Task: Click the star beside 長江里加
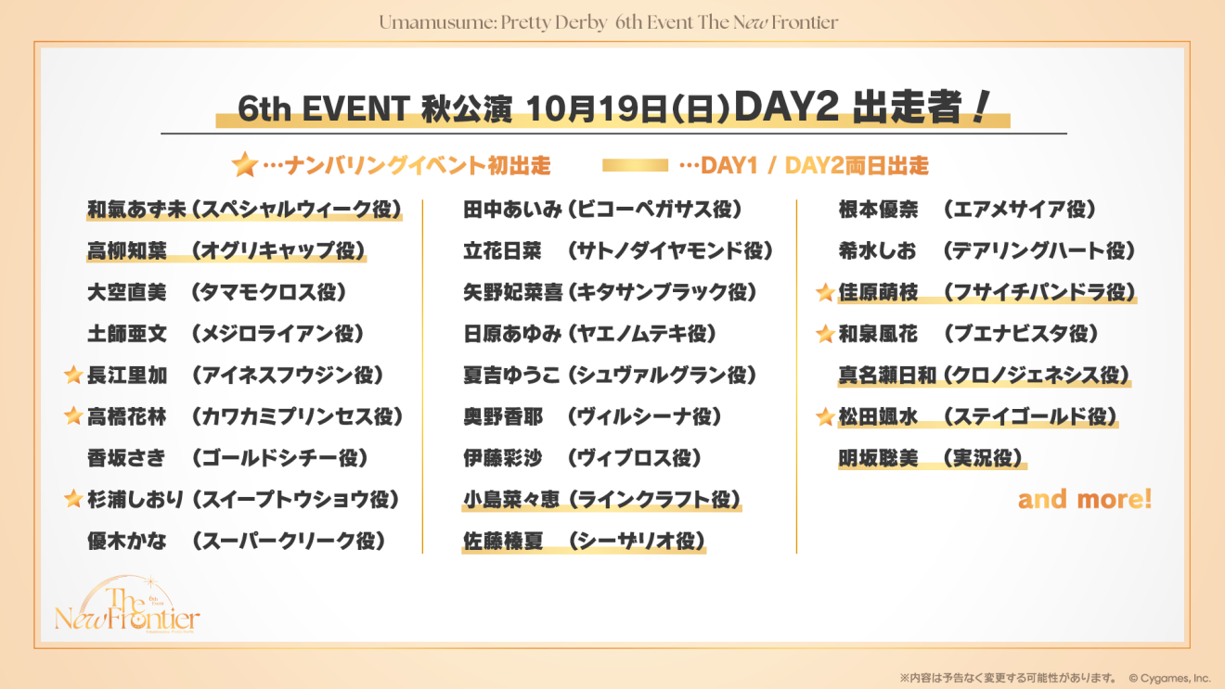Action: click(72, 375)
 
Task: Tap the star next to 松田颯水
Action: click(825, 417)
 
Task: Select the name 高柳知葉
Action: click(127, 250)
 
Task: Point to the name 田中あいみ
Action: click(512, 210)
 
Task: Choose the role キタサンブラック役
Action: click(663, 292)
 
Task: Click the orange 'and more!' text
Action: click(1085, 499)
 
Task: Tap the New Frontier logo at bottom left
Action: click(127, 606)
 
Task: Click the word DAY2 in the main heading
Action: click(786, 107)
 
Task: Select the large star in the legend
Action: click(244, 164)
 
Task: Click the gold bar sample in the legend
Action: click(635, 165)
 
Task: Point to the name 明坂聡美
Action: click(878, 458)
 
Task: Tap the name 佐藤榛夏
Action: click(503, 541)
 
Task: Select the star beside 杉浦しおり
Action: click(72, 498)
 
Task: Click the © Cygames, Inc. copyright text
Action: click(1169, 678)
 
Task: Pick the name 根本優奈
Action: click(878, 210)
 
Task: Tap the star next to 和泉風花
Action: click(825, 333)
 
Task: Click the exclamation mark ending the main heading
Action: click(981, 107)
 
